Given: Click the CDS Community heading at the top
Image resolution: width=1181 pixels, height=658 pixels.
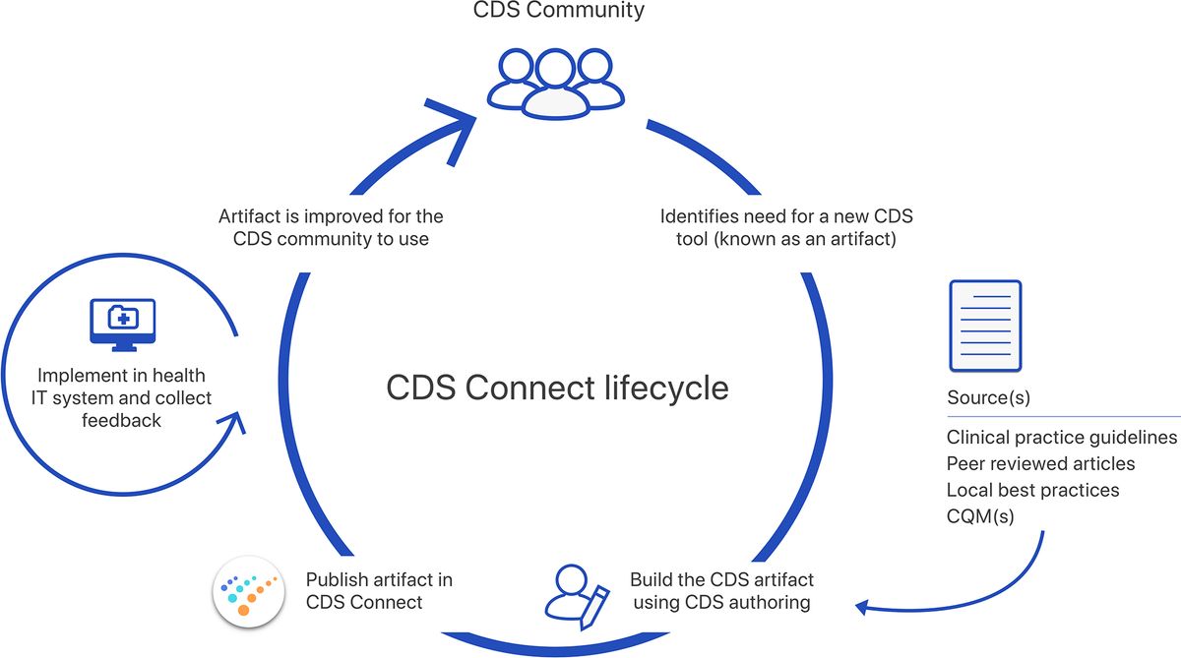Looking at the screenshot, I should (x=557, y=11).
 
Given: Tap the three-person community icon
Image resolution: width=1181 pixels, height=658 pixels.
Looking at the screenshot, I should (x=557, y=82).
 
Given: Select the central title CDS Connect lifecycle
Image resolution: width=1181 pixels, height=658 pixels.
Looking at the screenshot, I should (x=557, y=387).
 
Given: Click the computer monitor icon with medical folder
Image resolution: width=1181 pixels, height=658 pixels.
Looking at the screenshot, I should (x=122, y=323).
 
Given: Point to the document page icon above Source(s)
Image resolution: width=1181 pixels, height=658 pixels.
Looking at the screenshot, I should (x=984, y=326).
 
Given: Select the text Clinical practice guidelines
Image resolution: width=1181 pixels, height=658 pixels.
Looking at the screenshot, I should (x=1061, y=437).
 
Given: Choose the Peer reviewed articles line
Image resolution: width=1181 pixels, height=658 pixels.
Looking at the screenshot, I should (x=1040, y=463).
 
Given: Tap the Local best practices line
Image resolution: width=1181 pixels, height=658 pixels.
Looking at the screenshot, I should (x=1032, y=490).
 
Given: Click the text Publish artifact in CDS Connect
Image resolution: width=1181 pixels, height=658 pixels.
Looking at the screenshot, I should (x=379, y=590).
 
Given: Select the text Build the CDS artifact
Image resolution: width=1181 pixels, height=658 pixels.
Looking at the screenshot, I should (x=721, y=579).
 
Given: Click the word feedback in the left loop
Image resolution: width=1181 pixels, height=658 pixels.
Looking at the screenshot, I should (x=123, y=420).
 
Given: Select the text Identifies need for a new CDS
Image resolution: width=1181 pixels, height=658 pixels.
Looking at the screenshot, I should (x=786, y=215).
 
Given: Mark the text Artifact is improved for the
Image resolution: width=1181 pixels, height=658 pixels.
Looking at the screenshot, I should (x=330, y=215).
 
